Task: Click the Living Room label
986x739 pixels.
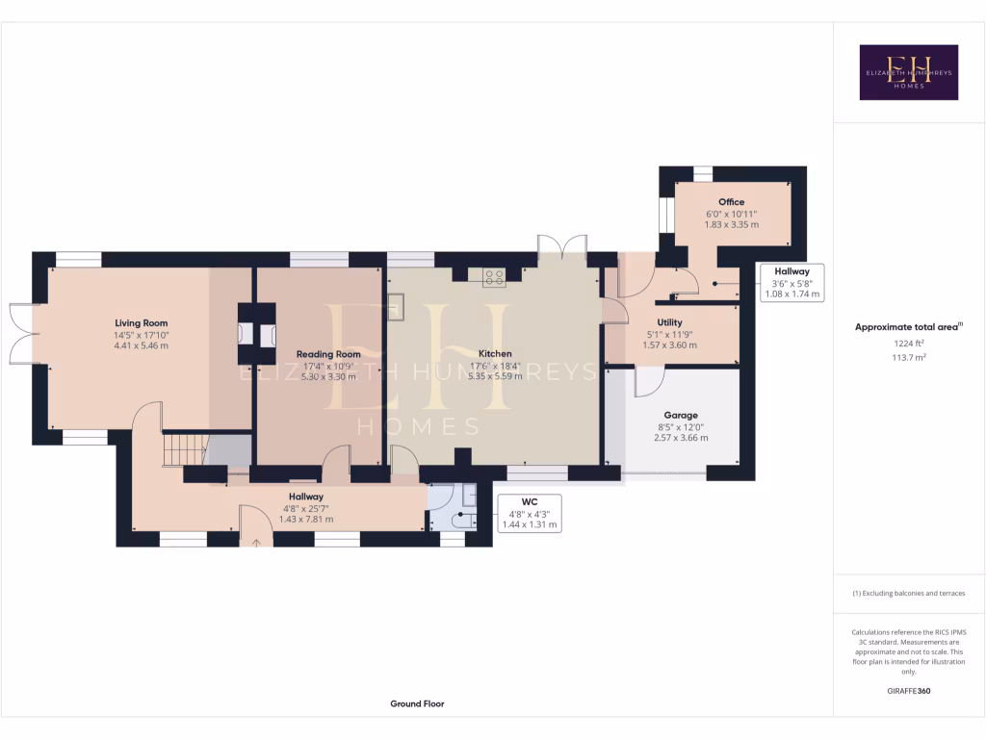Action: click(x=141, y=323)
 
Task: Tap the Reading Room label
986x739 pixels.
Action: click(x=328, y=354)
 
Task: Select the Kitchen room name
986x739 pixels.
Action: click(x=495, y=354)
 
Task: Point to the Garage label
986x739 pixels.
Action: click(x=681, y=416)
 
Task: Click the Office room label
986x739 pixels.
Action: click(x=732, y=202)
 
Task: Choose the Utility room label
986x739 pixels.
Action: click(x=670, y=322)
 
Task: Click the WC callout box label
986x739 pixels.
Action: click(x=530, y=502)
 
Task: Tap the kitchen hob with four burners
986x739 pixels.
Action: click(x=494, y=277)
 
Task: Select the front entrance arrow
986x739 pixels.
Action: click(x=256, y=543)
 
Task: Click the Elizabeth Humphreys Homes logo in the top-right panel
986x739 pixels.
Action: click(x=909, y=72)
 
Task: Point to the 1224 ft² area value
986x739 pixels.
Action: click(x=909, y=344)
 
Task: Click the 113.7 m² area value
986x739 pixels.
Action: click(x=909, y=358)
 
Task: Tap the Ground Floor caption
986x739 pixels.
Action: click(x=417, y=703)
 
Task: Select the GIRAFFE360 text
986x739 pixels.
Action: click(x=909, y=691)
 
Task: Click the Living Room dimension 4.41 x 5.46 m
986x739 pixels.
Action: click(x=141, y=345)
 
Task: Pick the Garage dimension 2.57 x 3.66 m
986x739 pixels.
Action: click(x=681, y=438)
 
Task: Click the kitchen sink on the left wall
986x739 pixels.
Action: click(x=396, y=307)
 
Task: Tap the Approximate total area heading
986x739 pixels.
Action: click(x=909, y=327)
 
